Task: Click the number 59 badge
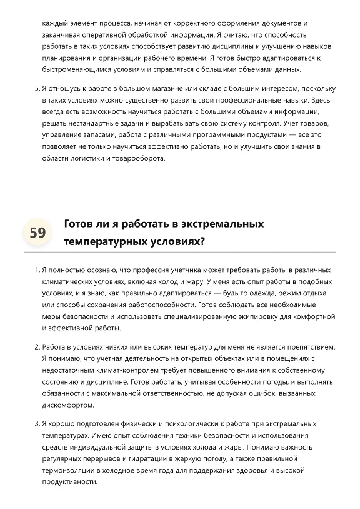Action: (37, 233)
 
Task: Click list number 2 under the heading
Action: (37, 346)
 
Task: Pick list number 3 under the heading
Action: (37, 423)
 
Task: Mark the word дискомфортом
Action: (67, 405)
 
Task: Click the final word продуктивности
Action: (70, 482)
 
